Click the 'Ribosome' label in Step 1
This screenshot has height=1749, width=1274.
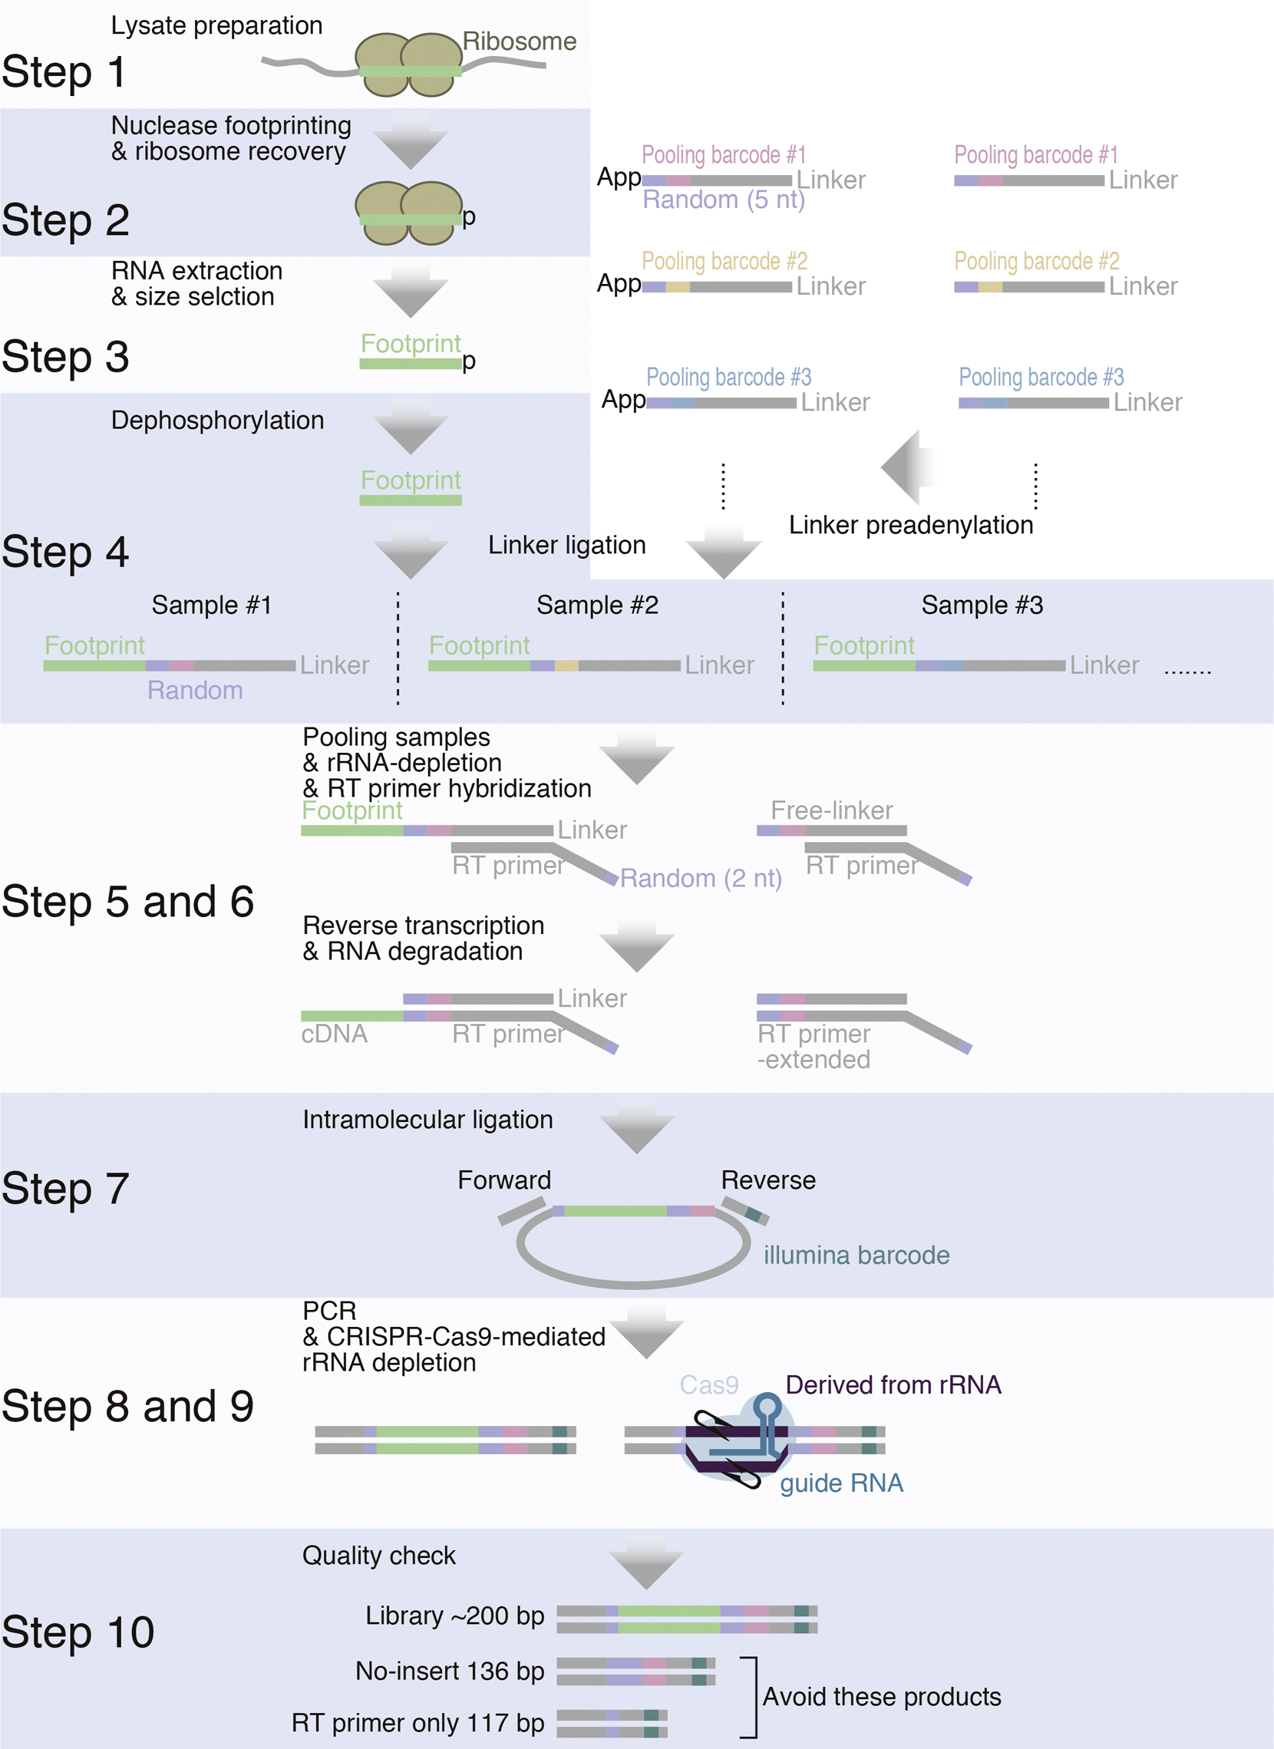pos(519,41)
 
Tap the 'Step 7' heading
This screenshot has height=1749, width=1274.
pos(64,1188)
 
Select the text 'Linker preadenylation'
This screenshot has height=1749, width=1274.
pos(910,525)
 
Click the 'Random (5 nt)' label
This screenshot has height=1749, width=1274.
pos(724,200)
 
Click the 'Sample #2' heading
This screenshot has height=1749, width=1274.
pos(597,606)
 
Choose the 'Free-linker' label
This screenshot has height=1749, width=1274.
pos(831,810)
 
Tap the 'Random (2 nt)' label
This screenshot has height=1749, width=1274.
pos(700,879)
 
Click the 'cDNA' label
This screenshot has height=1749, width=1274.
pos(334,1035)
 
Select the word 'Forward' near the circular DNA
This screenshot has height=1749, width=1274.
pos(504,1180)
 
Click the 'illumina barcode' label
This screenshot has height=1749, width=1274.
pos(856,1256)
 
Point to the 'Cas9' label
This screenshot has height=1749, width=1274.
pos(708,1385)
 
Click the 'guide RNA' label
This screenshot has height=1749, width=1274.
pos(841,1483)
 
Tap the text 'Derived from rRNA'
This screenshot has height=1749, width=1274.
pos(893,1385)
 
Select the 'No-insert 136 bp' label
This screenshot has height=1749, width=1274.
pos(450,1671)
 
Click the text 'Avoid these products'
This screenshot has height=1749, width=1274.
pos(882,1697)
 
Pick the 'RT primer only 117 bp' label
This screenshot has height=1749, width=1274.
pos(418,1723)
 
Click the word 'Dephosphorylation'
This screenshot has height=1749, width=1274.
pos(217,421)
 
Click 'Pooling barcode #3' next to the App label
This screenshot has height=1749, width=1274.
pos(728,377)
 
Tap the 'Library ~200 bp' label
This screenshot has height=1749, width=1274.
pos(454,1615)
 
